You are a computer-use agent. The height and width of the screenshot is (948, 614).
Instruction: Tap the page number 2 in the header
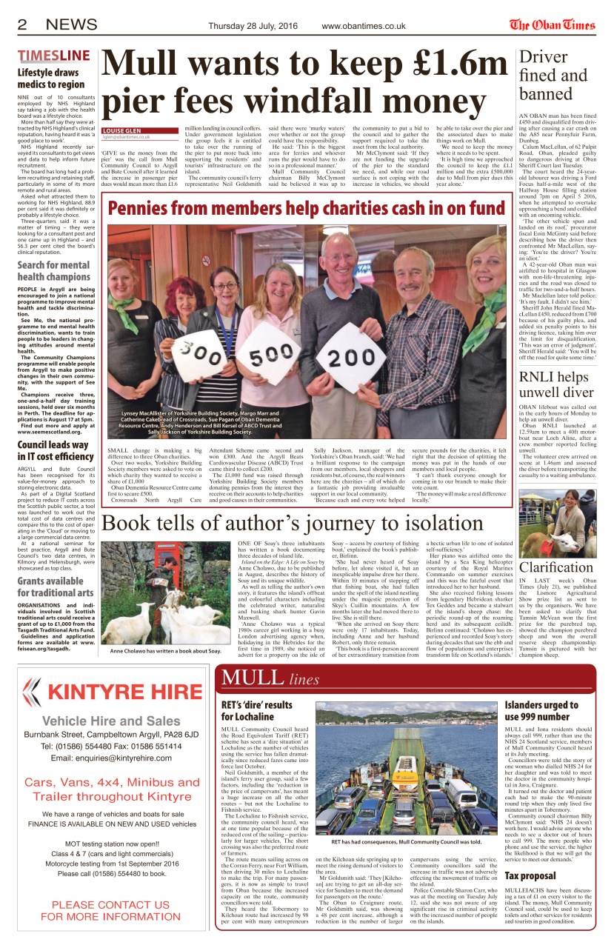[23, 25]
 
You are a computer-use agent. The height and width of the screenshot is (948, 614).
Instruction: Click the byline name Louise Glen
[124, 128]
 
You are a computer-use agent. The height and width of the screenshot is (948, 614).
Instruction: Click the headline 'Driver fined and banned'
[553, 76]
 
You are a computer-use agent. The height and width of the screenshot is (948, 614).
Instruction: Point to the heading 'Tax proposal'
[530, 876]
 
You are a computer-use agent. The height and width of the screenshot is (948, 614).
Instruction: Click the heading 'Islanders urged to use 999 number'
[541, 711]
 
